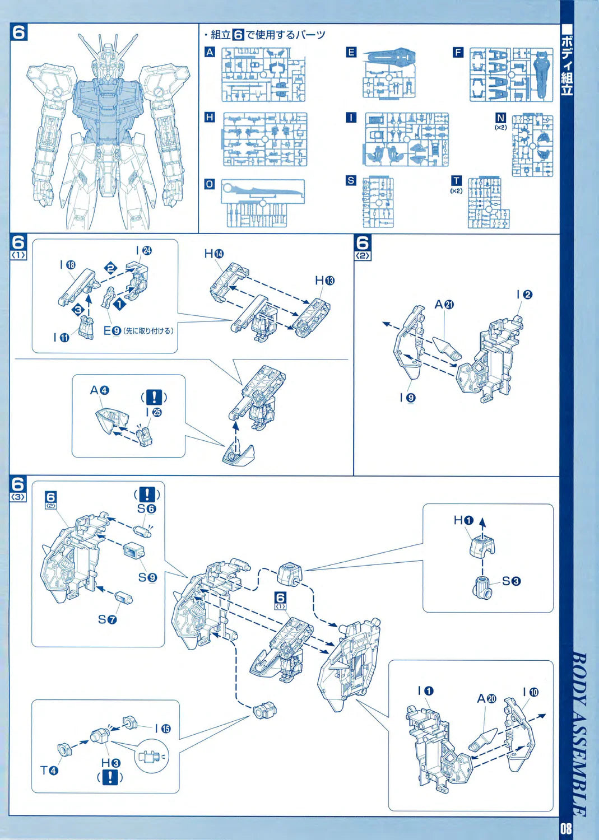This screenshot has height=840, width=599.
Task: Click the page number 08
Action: pyautogui.click(x=565, y=827)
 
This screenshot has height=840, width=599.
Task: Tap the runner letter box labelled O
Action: pyautogui.click(x=210, y=184)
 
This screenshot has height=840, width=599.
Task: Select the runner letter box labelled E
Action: pyautogui.click(x=351, y=52)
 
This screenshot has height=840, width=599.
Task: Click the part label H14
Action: pyautogui.click(x=213, y=254)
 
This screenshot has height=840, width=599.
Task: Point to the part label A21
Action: pyautogui.click(x=444, y=304)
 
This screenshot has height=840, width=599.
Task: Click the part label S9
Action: pyautogui.click(x=147, y=577)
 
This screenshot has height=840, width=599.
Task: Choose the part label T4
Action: pyautogui.click(x=49, y=771)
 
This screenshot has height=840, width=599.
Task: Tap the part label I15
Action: pyautogui.click(x=162, y=729)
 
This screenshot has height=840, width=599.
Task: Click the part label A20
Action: pyautogui.click(x=486, y=698)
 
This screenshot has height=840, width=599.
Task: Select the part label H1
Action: pyautogui.click(x=463, y=520)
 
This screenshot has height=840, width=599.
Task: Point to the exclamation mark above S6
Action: pyautogui.click(x=147, y=494)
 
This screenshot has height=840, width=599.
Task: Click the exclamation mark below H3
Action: pyautogui.click(x=110, y=777)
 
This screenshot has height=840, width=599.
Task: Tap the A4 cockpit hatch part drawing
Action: pyautogui.click(x=111, y=421)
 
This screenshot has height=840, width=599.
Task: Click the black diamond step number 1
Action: pyautogui.click(x=119, y=305)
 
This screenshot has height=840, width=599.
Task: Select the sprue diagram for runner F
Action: pyautogui.click(x=511, y=74)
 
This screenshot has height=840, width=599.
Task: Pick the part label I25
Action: pyautogui.click(x=153, y=412)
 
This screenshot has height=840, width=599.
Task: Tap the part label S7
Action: pyautogui.click(x=107, y=619)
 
